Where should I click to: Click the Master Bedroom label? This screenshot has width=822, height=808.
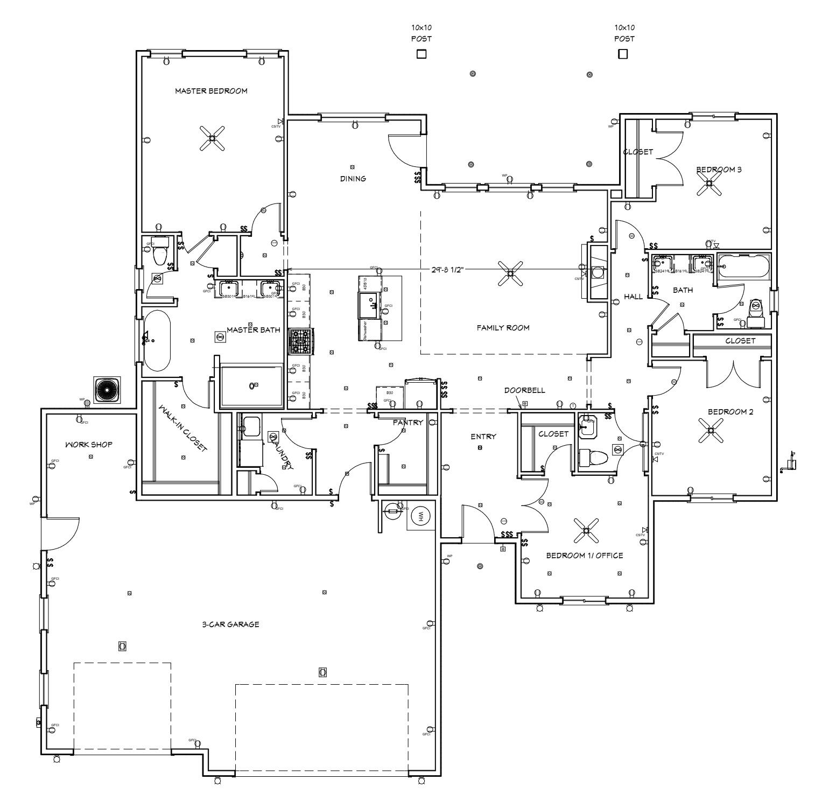tap(211, 91)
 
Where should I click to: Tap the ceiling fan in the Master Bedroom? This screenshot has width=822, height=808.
tap(212, 138)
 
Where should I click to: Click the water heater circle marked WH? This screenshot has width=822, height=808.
tap(420, 516)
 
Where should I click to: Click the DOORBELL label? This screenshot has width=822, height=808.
tap(524, 390)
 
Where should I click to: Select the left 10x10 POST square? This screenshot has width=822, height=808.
tap(421, 54)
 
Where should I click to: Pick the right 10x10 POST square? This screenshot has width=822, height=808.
tap(623, 54)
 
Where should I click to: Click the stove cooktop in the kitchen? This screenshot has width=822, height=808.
tap(300, 342)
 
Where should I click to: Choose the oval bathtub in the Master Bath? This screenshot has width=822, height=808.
tap(157, 340)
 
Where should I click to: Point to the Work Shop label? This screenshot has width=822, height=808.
tap(89, 445)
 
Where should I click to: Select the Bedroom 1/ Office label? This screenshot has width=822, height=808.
tap(585, 556)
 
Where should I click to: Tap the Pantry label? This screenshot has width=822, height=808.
tap(408, 423)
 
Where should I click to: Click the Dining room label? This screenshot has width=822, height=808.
tap(353, 179)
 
